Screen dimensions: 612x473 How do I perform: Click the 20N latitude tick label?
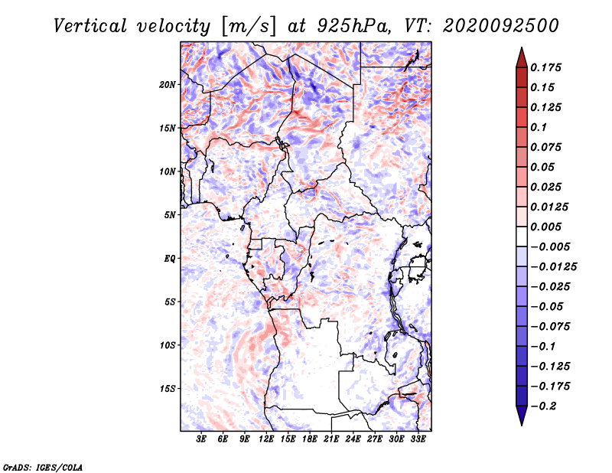(x=168, y=85)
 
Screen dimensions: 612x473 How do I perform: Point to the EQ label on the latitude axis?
(x=170, y=259)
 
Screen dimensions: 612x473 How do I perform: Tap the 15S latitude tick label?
(x=168, y=389)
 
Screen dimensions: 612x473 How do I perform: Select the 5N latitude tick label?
(x=170, y=215)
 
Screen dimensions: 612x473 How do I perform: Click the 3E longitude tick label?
(x=201, y=439)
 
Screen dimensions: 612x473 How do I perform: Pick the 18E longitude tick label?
(x=310, y=439)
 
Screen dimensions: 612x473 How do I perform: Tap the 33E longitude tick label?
(x=418, y=439)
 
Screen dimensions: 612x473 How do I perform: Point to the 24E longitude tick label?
(x=353, y=439)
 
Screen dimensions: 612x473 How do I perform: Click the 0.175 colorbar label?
(x=545, y=67)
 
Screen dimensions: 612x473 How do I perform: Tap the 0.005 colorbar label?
(x=545, y=227)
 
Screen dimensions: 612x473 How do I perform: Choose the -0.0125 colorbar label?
(x=553, y=267)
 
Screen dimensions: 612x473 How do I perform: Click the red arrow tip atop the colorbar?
(x=522, y=47)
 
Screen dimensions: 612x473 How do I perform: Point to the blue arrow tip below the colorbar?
(x=522, y=425)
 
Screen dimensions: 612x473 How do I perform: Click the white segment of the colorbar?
(x=522, y=236)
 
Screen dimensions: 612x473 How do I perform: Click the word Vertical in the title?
(x=90, y=26)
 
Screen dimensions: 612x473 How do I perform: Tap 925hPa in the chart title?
(x=353, y=26)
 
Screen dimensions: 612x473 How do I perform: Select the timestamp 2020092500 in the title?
(x=501, y=26)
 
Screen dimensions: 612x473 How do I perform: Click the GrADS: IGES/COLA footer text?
(x=43, y=467)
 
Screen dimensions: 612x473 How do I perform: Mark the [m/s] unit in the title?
(x=249, y=27)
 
